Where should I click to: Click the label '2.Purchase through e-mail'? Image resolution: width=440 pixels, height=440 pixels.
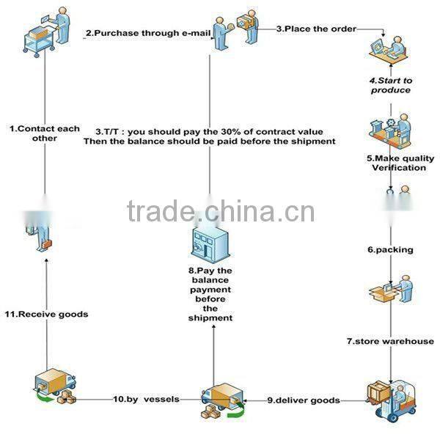click(x=148, y=33)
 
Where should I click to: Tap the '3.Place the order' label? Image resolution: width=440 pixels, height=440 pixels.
click(x=316, y=29)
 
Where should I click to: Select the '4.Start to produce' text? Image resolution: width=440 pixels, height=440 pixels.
click(x=391, y=85)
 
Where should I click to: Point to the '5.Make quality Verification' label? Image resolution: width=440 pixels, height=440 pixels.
click(x=400, y=163)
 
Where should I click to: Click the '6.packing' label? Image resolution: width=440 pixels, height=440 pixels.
click(x=390, y=250)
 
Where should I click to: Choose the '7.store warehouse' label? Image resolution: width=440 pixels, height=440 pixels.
click(x=390, y=341)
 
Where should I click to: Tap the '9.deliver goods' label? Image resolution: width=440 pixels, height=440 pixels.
click(x=304, y=400)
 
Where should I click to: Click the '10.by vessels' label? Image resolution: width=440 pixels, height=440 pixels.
click(x=146, y=399)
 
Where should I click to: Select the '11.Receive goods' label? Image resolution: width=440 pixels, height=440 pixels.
click(x=47, y=314)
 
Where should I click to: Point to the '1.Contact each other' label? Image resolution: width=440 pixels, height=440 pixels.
click(x=45, y=133)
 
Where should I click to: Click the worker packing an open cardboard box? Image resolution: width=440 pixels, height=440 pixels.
click(x=391, y=289)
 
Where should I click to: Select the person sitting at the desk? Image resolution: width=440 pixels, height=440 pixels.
click(x=388, y=49)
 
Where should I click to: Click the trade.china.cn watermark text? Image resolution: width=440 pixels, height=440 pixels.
click(x=221, y=211)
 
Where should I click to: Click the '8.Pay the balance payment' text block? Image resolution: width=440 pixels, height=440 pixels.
click(x=210, y=294)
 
